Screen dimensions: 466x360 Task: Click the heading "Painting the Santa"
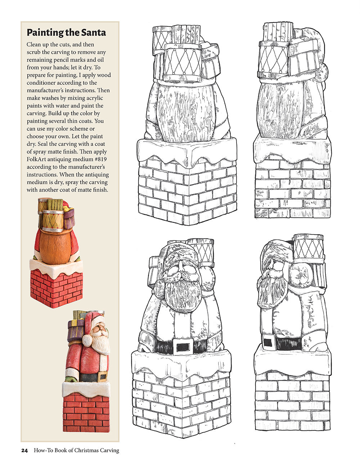pos(66,33)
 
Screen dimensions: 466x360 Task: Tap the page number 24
pos(24,451)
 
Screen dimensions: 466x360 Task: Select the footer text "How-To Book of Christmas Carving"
pos(76,451)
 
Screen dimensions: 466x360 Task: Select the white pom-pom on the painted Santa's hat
pos(87,340)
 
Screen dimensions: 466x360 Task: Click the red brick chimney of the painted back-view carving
pos(57,288)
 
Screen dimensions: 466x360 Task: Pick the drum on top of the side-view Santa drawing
pos(308,247)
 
